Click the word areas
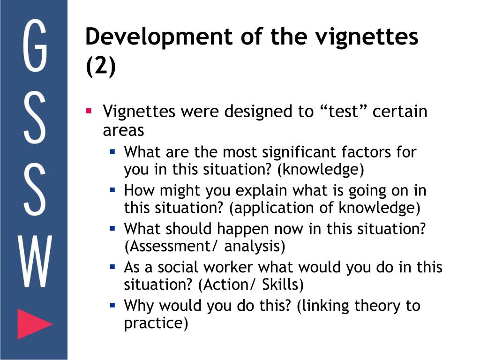click(123, 130)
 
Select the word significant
click(300, 152)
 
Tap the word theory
click(378, 306)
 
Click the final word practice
click(156, 323)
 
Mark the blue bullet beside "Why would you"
click(113, 305)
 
